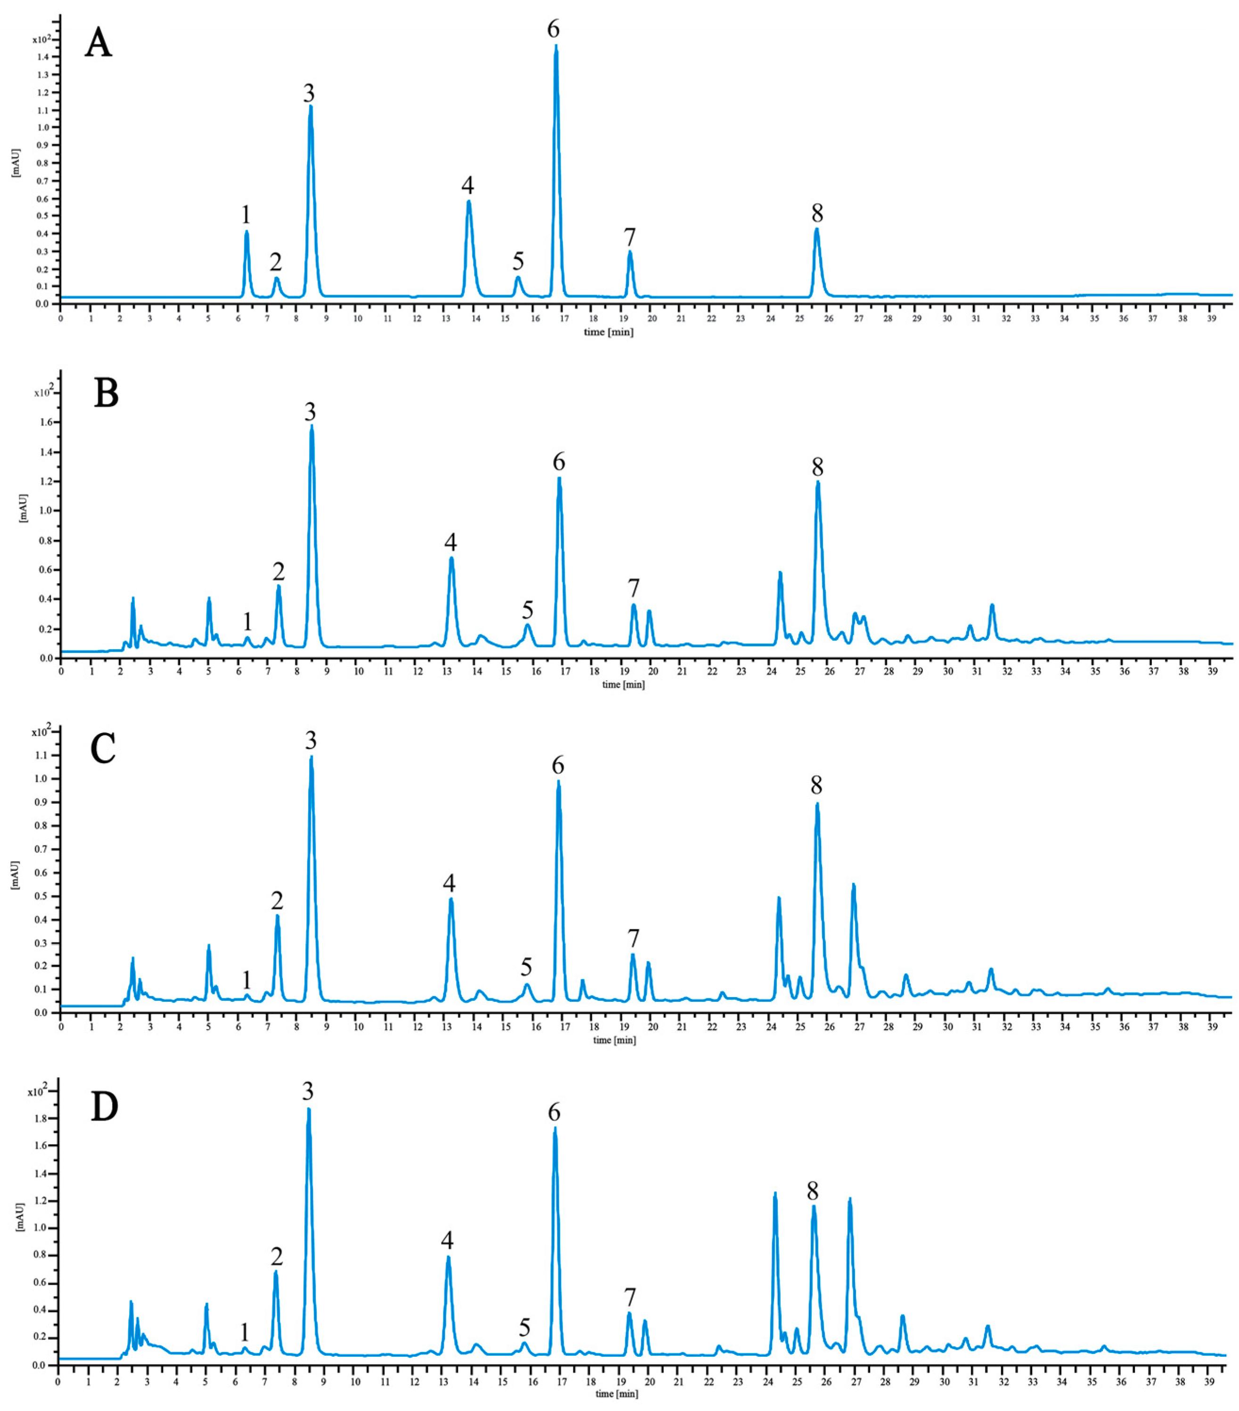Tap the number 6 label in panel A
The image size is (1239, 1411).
[553, 30]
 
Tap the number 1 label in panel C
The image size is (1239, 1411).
[246, 980]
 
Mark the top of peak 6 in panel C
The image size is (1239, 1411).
[558, 782]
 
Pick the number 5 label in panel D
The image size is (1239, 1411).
[525, 1328]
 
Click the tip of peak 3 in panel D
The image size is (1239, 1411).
[309, 1109]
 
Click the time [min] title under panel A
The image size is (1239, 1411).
[609, 332]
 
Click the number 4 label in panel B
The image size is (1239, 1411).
[450, 543]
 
